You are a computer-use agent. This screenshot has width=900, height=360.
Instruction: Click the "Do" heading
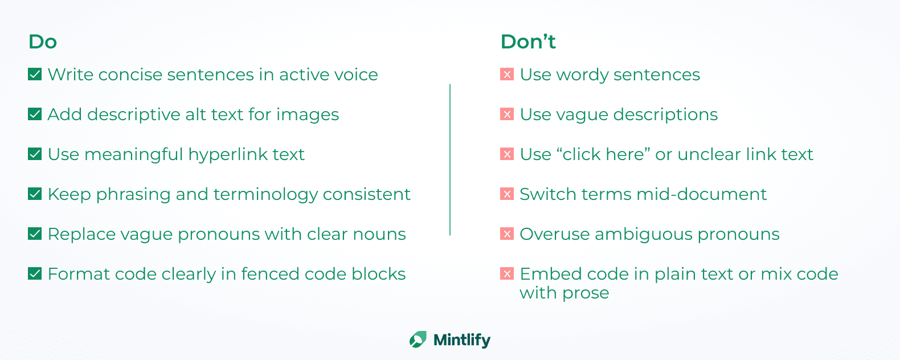tap(43, 42)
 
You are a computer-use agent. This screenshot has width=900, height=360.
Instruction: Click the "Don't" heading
tap(528, 42)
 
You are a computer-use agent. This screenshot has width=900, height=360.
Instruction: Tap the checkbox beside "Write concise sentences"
tap(35, 74)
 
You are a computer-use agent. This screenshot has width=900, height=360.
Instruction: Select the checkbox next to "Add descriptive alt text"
tap(35, 114)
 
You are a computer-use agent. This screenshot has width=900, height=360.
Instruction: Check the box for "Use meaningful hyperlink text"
tap(35, 154)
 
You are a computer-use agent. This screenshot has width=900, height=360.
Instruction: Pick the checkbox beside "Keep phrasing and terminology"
tap(35, 194)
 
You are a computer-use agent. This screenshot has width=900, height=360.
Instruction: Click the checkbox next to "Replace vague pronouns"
tap(35, 234)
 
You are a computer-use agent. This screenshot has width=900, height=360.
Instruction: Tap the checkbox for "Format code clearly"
tap(35, 273)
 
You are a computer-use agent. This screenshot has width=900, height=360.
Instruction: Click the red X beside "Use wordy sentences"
tap(507, 74)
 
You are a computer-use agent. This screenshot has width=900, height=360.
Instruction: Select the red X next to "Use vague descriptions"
tap(507, 114)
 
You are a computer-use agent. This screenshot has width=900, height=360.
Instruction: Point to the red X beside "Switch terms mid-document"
tap(507, 194)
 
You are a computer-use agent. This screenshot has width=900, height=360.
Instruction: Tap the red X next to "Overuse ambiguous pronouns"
tap(507, 234)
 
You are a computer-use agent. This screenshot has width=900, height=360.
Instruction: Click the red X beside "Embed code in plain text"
tap(507, 273)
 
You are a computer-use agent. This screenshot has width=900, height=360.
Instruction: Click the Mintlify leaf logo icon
tap(418, 339)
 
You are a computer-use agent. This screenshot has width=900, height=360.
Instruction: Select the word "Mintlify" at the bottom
tap(462, 340)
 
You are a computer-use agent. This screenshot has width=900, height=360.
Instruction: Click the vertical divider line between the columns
tap(450, 159)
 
